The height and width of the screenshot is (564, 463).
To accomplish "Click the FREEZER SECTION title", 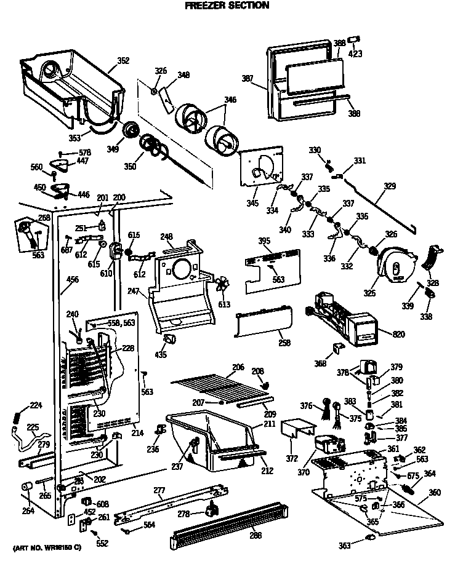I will pos(227,6).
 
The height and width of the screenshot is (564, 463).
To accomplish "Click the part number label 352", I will pos(123,61).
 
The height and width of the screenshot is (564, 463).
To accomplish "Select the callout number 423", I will pos(355,54).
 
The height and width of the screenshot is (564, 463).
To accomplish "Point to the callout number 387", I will pos(248,78).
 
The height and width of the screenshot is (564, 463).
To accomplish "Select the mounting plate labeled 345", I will pos(262,165).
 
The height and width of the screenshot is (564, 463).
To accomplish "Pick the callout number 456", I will pos(73,280).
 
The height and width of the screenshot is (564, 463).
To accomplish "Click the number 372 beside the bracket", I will pos(291,459).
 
